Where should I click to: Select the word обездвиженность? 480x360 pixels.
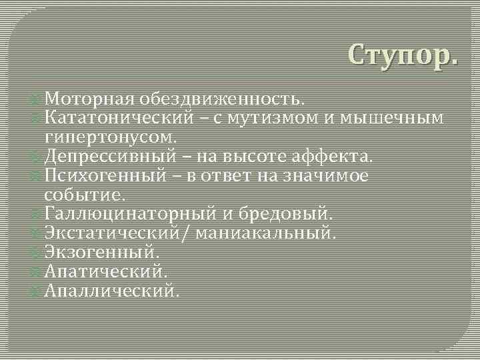tap(223, 99)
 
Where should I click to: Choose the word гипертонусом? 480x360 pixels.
tap(111, 137)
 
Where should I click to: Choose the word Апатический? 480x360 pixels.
tap(105, 272)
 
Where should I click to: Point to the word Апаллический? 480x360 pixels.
tap(111, 291)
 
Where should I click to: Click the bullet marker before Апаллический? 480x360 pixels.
tap(37, 291)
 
